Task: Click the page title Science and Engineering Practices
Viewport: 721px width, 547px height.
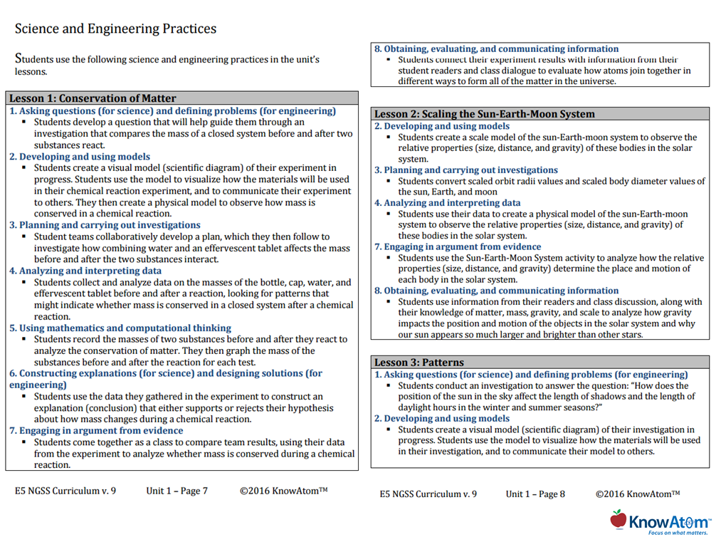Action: coord(115,29)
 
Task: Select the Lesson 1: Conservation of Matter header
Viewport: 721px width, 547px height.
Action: coord(93,98)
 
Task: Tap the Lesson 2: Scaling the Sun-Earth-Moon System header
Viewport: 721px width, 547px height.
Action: coord(484,114)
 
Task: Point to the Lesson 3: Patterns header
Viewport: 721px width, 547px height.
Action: coord(419,363)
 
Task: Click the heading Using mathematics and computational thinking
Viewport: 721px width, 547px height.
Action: coord(120,328)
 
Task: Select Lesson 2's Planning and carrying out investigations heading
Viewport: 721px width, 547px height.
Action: coord(466,170)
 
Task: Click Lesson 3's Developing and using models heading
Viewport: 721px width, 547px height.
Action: coord(442,418)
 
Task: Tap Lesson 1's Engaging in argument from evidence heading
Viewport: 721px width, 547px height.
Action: coord(96,430)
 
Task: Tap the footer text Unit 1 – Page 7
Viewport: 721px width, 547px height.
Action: coord(177,491)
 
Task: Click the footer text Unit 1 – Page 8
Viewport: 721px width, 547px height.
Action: coord(535,494)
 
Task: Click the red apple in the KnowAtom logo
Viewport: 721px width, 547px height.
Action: coord(619,519)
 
